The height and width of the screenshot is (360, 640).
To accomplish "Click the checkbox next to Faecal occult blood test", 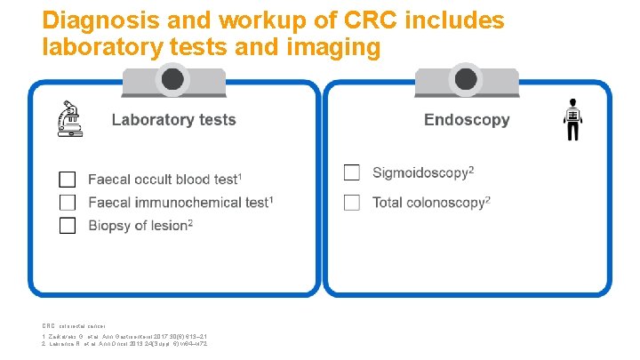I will pyautogui.click(x=68, y=179).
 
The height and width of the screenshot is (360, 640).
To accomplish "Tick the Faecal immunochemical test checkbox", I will pyautogui.click(x=68, y=202).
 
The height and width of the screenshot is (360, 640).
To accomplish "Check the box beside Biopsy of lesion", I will pyautogui.click(x=68, y=225).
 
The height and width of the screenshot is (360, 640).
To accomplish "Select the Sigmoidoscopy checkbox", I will pyautogui.click(x=352, y=172).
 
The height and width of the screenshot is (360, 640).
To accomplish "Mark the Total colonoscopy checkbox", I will pyautogui.click(x=352, y=202).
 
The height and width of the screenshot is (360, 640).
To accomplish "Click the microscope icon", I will pyautogui.click(x=69, y=120).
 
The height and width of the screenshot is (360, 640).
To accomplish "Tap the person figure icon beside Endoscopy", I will pyautogui.click(x=572, y=120).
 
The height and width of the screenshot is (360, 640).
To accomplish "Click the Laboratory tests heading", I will pyautogui.click(x=173, y=120).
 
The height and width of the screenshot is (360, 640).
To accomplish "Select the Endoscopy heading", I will pyautogui.click(x=467, y=120).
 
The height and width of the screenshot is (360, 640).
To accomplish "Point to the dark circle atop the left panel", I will pyautogui.click(x=173, y=80).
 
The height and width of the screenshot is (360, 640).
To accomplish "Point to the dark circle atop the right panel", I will pyautogui.click(x=467, y=80).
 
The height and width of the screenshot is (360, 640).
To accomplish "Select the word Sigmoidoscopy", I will pyautogui.click(x=420, y=172).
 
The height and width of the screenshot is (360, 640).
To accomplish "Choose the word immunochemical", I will pyautogui.click(x=186, y=203).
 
